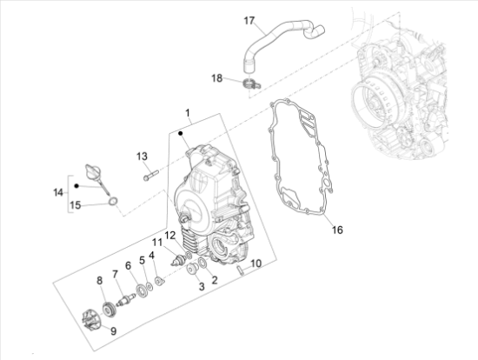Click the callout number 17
tap(249, 21)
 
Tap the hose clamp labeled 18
tap(251, 83)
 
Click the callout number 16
tap(337, 230)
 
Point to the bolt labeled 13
tap(151, 175)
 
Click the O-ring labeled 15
tap(113, 202)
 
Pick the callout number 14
tap(58, 192)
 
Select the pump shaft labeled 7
tap(125, 299)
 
